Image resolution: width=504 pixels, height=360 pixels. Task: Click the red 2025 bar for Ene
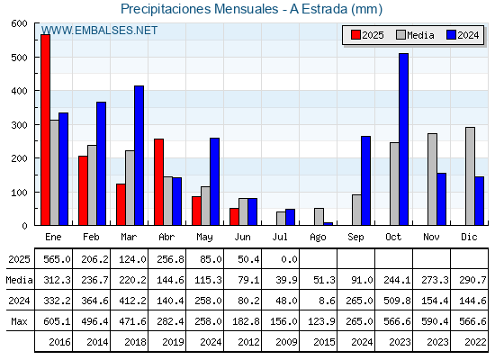[45, 130]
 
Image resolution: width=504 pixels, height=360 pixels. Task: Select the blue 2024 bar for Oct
[404, 139]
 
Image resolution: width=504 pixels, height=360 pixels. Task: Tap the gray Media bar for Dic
[470, 176]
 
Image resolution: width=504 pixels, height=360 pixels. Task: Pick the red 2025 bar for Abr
[158, 182]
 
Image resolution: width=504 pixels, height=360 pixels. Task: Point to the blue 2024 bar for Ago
[328, 224]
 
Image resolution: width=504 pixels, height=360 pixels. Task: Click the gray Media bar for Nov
[432, 179]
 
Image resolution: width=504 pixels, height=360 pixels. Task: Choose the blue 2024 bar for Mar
[139, 156]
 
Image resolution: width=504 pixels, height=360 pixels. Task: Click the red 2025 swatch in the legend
[355, 35]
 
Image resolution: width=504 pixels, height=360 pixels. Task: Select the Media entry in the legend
[415, 35]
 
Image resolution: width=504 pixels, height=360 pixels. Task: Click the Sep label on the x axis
[355, 238]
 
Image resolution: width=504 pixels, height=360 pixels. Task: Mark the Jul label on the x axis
[280, 237]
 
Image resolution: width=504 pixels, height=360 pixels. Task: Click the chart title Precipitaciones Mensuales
[200, 9]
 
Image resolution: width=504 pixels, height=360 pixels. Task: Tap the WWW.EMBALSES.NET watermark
[99, 31]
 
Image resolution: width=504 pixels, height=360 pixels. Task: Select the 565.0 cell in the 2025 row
[57, 259]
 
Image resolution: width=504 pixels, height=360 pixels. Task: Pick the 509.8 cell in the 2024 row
[397, 301]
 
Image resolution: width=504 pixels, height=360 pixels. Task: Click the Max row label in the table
[19, 321]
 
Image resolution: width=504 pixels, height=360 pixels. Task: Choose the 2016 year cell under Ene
[59, 342]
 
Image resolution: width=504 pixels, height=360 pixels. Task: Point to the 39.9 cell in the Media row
[286, 280]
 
